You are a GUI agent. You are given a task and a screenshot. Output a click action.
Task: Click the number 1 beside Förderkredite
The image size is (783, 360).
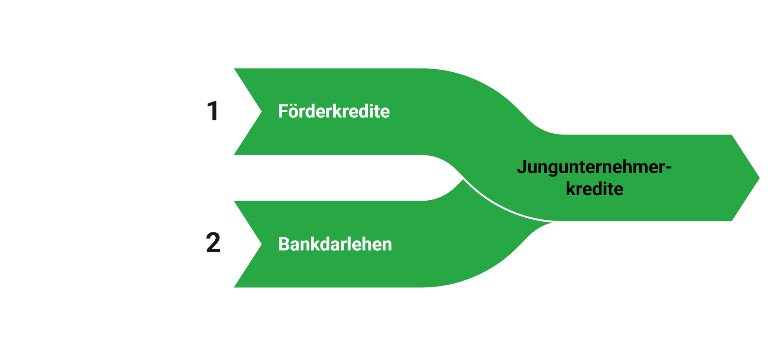(x=212, y=111)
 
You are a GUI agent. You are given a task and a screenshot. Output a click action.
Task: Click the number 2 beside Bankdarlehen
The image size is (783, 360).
(x=213, y=243)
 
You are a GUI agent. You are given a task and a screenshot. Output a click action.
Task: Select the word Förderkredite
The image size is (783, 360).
(x=334, y=111)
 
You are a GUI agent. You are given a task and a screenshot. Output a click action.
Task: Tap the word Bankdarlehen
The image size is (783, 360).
(x=335, y=244)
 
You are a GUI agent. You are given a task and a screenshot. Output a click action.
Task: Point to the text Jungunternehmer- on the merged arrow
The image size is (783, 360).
(x=594, y=168)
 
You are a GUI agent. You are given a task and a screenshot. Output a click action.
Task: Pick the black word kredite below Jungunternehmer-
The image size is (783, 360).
(x=594, y=189)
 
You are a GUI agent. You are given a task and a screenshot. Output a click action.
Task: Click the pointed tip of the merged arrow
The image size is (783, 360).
(x=760, y=178)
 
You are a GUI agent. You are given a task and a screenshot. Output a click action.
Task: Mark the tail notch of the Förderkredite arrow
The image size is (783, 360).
(x=260, y=111)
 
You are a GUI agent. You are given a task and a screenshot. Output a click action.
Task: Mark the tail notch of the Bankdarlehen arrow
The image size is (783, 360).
(x=260, y=244)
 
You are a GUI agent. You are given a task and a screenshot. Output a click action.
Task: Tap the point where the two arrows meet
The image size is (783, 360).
(x=463, y=178)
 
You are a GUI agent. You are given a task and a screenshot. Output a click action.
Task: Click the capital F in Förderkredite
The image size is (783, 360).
(x=283, y=111)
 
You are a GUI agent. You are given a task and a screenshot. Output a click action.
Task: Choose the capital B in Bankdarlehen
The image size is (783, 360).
(x=283, y=244)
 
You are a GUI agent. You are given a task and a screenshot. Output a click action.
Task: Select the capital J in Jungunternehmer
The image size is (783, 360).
(x=522, y=167)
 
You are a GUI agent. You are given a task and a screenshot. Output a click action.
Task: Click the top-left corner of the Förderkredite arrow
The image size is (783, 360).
(x=232, y=67)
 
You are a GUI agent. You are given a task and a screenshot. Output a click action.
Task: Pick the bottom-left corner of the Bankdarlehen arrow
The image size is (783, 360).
(x=232, y=288)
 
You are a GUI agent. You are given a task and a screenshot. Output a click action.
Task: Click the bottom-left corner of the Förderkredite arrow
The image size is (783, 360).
(x=232, y=156)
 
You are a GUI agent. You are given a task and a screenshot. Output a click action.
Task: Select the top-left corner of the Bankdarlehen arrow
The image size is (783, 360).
(x=232, y=200)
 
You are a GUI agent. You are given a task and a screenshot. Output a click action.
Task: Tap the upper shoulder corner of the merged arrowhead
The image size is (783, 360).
(x=732, y=134)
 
